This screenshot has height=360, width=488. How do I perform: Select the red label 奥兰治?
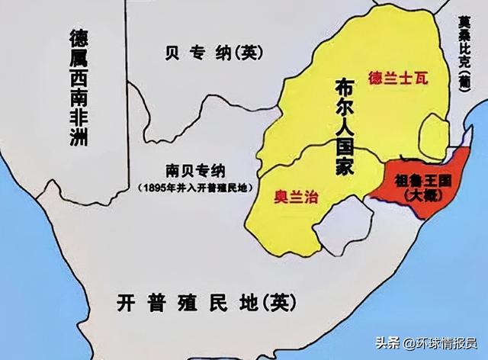coord(296,197)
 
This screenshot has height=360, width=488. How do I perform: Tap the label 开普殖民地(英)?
coord(204,303)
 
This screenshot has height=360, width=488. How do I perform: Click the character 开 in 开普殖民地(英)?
coord(127,303)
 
